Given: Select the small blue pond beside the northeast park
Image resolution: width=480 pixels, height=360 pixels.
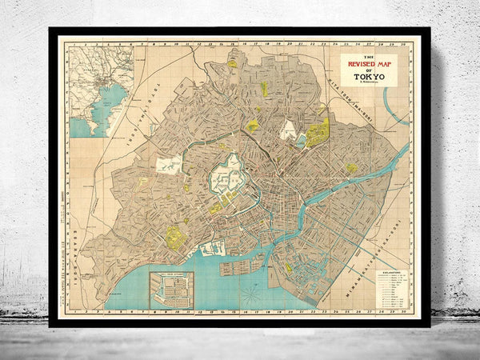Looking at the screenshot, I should pyautogui.click(x=301, y=141).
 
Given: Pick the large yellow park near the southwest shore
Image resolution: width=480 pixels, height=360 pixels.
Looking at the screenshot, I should pyautogui.click(x=174, y=237).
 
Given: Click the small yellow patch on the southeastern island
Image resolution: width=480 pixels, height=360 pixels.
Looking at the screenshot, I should pyautogui.click(x=289, y=268).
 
